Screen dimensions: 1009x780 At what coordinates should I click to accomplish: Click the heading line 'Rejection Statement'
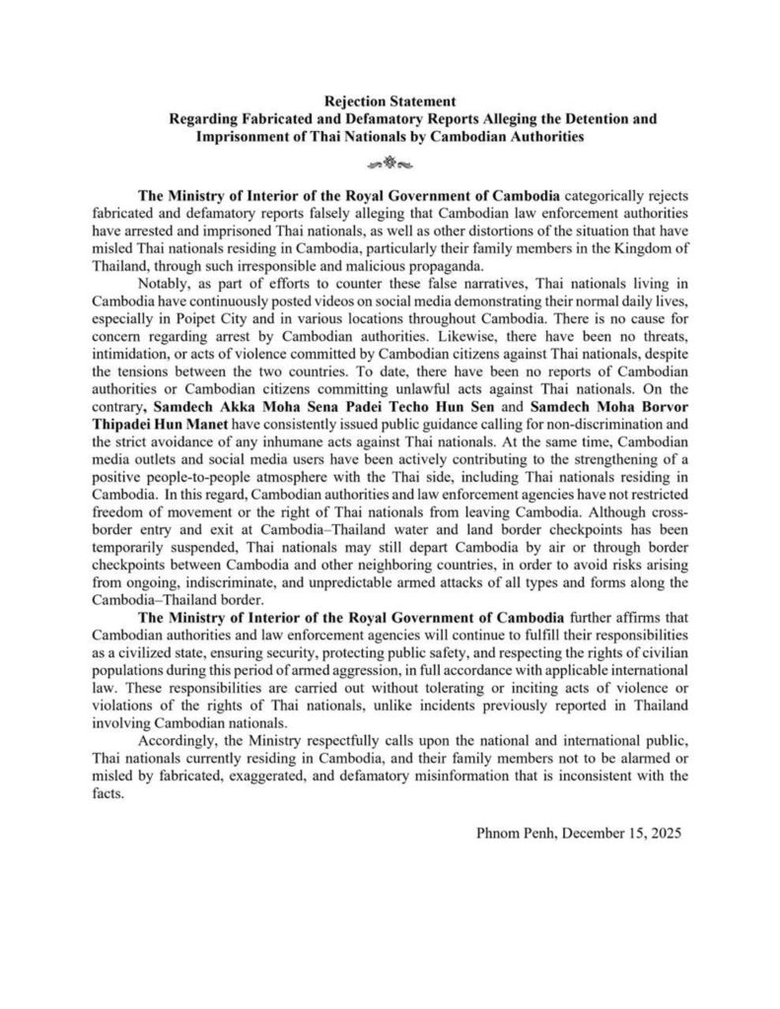click(x=389, y=101)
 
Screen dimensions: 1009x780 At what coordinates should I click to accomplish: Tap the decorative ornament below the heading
click(x=389, y=159)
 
